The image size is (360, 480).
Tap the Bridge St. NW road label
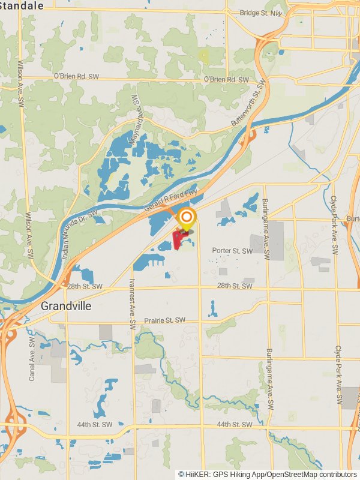click(x=260, y=13)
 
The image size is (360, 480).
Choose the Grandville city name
click(x=66, y=306)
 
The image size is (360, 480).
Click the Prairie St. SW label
click(x=165, y=320)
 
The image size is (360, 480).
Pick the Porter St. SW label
click(x=232, y=251)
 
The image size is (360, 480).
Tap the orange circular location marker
click(x=187, y=217)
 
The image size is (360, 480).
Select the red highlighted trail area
click(x=178, y=240)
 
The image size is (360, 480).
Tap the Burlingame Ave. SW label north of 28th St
click(x=268, y=230)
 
